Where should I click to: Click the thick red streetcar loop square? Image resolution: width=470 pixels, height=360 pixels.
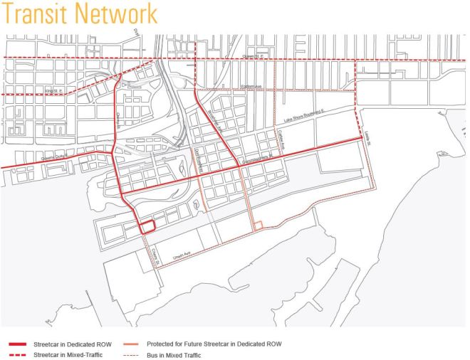pyautogui.click(x=147, y=227)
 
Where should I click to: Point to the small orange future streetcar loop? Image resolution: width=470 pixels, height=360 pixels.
pyautogui.click(x=258, y=226)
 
